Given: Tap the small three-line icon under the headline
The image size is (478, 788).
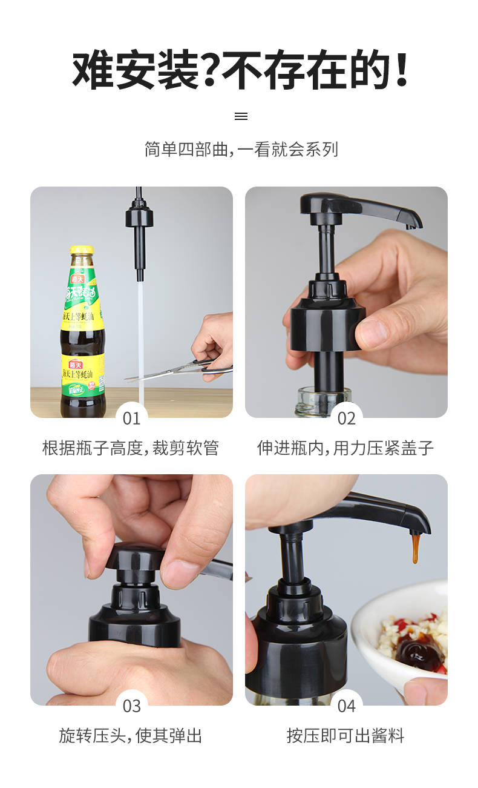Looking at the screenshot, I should (241, 116).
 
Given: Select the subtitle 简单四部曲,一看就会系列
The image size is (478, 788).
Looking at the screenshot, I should (241, 149).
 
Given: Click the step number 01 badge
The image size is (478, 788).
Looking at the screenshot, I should (131, 418).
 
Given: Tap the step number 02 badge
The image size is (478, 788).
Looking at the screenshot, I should (346, 418).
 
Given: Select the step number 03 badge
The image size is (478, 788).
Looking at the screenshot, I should (131, 706).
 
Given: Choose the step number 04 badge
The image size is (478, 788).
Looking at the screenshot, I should (346, 706).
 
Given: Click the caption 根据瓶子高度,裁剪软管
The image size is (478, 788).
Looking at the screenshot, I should (131, 448).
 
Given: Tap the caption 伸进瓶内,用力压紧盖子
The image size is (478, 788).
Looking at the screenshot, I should (345, 448).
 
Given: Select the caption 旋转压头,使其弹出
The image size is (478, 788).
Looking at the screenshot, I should (131, 736).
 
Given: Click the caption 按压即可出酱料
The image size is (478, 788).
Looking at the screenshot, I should (345, 736).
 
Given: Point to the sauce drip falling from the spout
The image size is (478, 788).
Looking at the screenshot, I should (416, 548).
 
